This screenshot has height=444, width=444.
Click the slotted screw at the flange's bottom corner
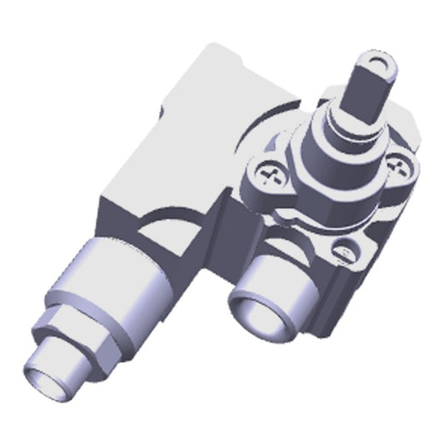tap(342, 247)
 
